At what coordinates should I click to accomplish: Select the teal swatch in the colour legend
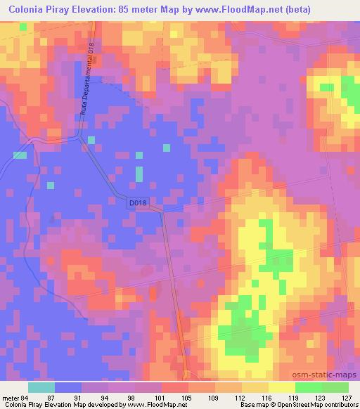click(41, 387)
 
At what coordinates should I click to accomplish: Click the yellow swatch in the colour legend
click(281, 387)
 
